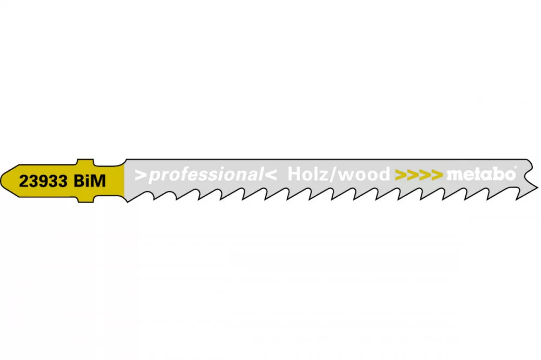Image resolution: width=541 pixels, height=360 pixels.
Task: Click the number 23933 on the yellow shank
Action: [x=43, y=181]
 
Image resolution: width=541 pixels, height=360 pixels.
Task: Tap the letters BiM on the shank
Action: [x=90, y=181]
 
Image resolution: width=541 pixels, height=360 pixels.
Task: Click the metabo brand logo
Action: [x=480, y=174]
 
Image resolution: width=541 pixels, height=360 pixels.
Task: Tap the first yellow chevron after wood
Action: [x=401, y=175]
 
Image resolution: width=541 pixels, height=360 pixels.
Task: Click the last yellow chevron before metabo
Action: [x=437, y=175]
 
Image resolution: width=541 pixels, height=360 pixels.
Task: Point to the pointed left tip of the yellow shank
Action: [x=1, y=181]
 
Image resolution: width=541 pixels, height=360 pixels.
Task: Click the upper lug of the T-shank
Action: [x=85, y=163]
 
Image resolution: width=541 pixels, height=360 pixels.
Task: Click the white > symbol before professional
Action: [x=141, y=175]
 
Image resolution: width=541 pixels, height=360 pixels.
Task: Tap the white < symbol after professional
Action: [x=271, y=175]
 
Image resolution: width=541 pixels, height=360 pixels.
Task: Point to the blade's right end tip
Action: [x=537, y=187]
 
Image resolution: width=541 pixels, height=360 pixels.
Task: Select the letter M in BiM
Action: [x=98, y=181]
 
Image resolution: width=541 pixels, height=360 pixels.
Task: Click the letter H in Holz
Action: [x=294, y=174]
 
